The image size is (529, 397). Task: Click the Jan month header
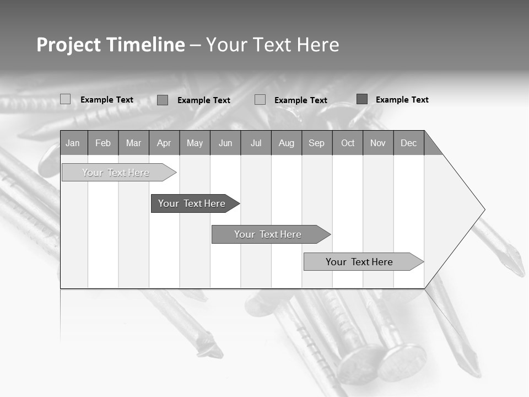point(73,143)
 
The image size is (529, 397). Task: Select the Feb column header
point(103,143)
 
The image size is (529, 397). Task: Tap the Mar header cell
point(133,143)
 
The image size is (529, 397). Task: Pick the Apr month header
point(164,143)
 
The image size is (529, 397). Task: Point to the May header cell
point(195,143)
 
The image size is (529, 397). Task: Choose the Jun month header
point(225,143)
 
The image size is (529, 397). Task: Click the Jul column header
point(256,143)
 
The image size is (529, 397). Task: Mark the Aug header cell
point(287,143)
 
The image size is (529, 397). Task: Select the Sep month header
point(317,143)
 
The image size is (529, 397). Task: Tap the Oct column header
point(348,143)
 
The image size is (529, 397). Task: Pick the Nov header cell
point(378,143)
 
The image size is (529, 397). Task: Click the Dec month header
point(409,143)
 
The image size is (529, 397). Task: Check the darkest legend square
point(362,99)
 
